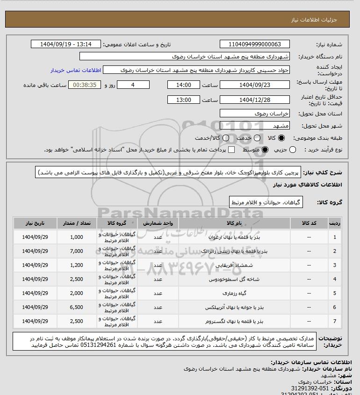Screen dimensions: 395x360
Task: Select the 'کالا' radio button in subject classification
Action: point(281,138)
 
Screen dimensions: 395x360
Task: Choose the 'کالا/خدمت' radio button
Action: point(226,138)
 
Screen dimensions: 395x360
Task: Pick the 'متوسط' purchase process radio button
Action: point(265,150)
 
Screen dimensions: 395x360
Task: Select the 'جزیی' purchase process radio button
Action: point(293,150)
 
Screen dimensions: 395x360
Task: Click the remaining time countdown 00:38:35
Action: point(85,85)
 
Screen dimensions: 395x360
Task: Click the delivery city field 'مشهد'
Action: point(255,126)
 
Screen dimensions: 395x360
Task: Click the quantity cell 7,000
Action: point(76,251)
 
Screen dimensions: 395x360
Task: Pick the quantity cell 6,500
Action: point(76,307)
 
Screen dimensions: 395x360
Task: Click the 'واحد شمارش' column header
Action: point(158,223)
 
